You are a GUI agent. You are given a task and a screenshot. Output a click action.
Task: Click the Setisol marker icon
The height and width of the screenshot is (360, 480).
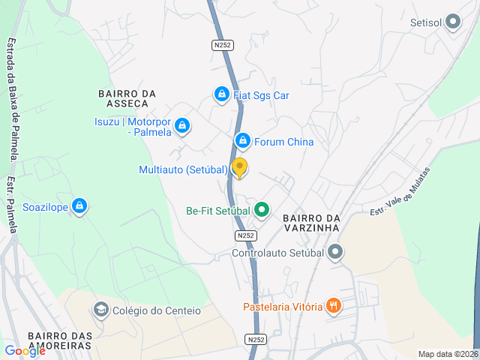click(x=452, y=22)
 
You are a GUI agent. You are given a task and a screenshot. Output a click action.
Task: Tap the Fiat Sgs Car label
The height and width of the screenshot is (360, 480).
click(x=261, y=95)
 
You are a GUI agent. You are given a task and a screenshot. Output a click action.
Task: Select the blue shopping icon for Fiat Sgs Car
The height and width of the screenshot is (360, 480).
click(x=221, y=94)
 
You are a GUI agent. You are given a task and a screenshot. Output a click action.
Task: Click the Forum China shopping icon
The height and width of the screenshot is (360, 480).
click(x=242, y=141)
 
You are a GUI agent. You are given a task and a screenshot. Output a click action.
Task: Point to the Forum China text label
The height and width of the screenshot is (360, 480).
click(x=283, y=142)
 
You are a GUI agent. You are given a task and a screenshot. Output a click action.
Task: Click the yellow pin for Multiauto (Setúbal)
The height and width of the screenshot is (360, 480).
click(x=239, y=168)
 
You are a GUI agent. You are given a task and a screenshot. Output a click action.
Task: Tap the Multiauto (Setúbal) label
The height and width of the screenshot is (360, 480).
click(x=183, y=169)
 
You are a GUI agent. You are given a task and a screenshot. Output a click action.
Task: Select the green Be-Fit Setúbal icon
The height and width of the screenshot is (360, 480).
click(x=261, y=210)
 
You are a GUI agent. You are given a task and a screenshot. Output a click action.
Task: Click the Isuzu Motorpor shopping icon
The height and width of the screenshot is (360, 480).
click(x=183, y=126)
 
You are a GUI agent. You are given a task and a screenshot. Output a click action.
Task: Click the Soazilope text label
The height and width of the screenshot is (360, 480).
click(x=46, y=206)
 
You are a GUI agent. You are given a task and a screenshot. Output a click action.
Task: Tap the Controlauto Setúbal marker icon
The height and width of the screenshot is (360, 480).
click(x=335, y=252)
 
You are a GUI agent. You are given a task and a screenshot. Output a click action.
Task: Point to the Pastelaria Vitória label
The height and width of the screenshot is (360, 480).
click(x=282, y=306)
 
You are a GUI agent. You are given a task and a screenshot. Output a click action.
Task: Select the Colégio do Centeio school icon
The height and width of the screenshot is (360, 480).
click(x=100, y=310)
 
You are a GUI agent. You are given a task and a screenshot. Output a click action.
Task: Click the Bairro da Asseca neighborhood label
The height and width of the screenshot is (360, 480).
click(x=127, y=98)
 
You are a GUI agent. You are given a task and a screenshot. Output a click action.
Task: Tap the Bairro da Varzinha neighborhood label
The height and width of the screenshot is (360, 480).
click(x=312, y=222)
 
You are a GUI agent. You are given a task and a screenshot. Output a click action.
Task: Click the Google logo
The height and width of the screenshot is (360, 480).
click(x=25, y=351)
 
